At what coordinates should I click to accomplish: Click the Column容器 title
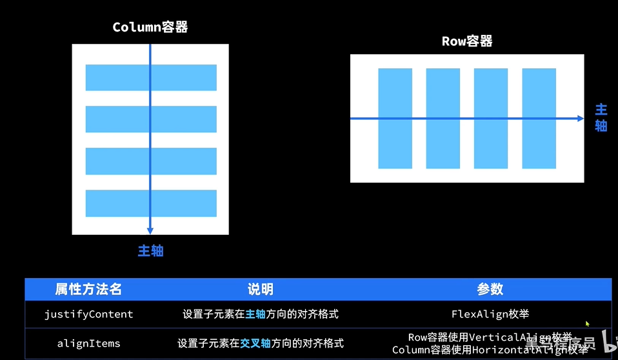[150, 27]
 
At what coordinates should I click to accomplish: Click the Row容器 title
[467, 41]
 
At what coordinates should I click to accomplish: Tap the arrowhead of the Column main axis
[150, 230]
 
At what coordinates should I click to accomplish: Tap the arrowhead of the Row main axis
[580, 119]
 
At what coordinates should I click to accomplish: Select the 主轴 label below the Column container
[150, 251]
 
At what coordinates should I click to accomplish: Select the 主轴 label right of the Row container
[601, 117]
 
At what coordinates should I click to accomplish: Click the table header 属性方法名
[88, 289]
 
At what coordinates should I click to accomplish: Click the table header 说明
[260, 289]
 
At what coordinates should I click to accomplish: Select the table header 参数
[490, 289]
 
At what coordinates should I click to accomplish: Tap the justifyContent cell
[88, 314]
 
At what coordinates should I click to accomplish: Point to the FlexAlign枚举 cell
[490, 314]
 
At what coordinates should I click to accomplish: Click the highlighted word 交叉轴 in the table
[255, 343]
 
